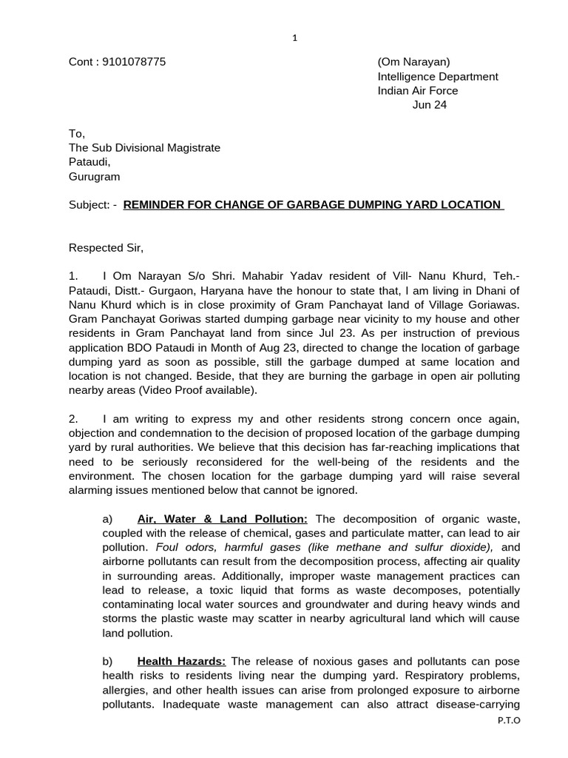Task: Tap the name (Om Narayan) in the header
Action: pos(413,62)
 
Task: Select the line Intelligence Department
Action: pos(438,76)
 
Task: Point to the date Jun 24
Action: pos(429,104)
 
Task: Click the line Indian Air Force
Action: pos(418,90)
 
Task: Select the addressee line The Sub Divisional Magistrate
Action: pos(144,147)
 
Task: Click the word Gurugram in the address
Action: pos(94,176)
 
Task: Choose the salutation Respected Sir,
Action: pos(104,247)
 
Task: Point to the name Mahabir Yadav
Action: pos(262,276)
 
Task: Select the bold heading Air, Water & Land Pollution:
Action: pos(223,519)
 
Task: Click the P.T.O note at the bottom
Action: pos(510,720)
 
